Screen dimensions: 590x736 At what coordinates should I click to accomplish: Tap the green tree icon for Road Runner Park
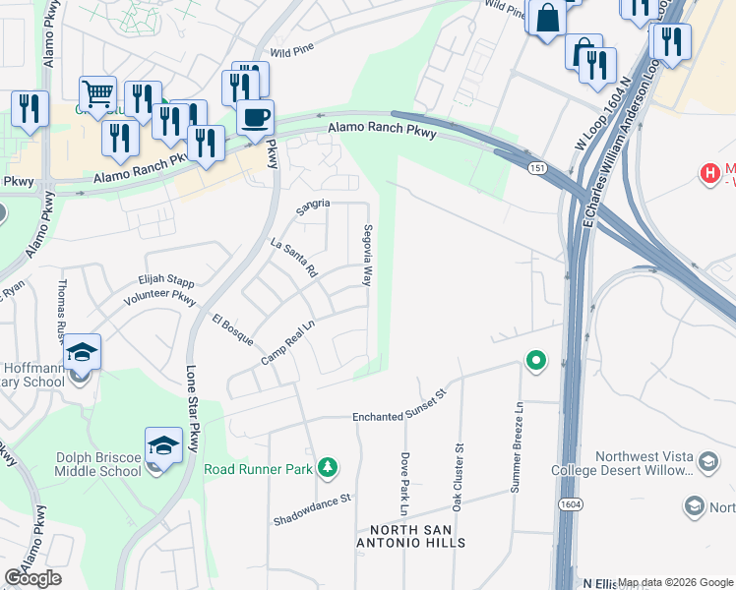330,468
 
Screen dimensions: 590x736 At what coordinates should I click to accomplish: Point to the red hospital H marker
709,174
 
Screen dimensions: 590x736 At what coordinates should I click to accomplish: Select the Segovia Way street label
367,257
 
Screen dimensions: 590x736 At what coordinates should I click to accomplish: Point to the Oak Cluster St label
457,477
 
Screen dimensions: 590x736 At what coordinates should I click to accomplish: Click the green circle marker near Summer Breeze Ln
535,363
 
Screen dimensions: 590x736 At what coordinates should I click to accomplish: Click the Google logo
32,578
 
